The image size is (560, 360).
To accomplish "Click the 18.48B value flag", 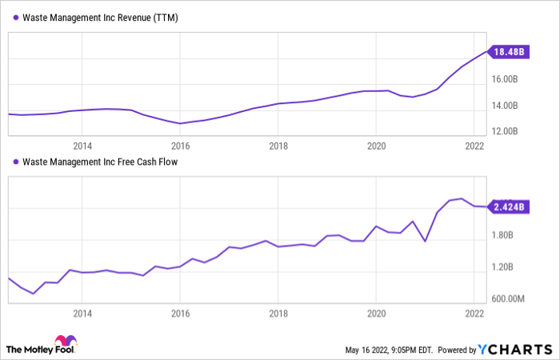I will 510,52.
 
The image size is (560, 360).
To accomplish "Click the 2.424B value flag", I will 510,206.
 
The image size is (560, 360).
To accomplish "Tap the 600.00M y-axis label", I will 509,299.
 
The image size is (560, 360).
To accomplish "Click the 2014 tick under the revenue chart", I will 82,146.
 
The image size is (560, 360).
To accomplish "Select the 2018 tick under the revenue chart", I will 278,146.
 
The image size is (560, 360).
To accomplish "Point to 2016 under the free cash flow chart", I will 180,314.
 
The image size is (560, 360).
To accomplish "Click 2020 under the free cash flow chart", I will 376,314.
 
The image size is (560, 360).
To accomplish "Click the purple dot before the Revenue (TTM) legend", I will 14,17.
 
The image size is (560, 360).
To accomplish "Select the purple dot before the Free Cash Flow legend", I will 14,162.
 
